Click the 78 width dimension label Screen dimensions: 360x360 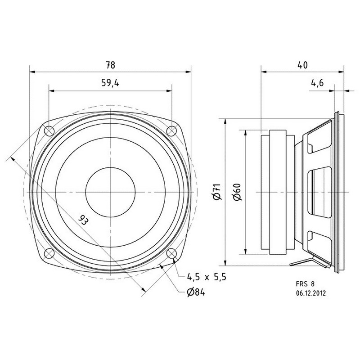coord(110,65)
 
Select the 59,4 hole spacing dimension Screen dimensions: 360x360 coord(110,83)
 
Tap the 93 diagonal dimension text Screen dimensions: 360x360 coord(83,220)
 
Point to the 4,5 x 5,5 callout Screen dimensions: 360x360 coord(207,277)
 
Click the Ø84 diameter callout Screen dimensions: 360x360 coord(196,292)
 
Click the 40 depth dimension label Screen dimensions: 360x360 coord(302,65)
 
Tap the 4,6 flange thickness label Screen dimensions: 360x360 coord(317,83)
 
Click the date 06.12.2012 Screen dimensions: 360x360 coord(310,293)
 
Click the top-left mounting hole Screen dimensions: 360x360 coord(49,131)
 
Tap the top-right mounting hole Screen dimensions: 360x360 coord(171,131)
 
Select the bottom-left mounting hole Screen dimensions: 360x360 coord(49,253)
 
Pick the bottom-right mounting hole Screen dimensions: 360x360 coord(171,253)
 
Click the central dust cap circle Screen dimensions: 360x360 coord(110,192)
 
